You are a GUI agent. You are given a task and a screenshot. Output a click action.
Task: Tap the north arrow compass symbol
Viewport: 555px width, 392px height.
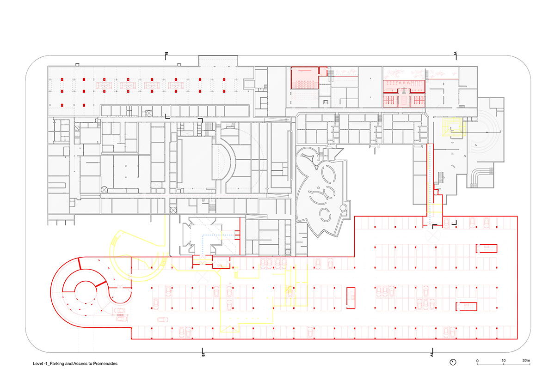(453, 361)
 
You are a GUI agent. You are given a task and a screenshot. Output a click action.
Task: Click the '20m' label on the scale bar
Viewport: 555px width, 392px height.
(526, 361)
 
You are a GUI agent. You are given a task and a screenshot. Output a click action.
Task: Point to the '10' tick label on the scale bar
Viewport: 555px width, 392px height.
(503, 361)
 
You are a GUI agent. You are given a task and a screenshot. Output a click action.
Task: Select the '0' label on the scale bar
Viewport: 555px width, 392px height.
(477, 361)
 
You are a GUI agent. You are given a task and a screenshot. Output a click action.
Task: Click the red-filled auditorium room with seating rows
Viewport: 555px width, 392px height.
(304, 78)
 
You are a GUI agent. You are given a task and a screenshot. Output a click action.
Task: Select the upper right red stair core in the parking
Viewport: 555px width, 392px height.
(487, 248)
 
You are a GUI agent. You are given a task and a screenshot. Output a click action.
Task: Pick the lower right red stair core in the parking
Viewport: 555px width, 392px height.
(467, 306)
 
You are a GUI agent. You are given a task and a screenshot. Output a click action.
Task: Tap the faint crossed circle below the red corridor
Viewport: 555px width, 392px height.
(434, 235)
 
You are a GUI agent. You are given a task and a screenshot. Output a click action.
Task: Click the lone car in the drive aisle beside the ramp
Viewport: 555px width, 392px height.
(163, 320)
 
